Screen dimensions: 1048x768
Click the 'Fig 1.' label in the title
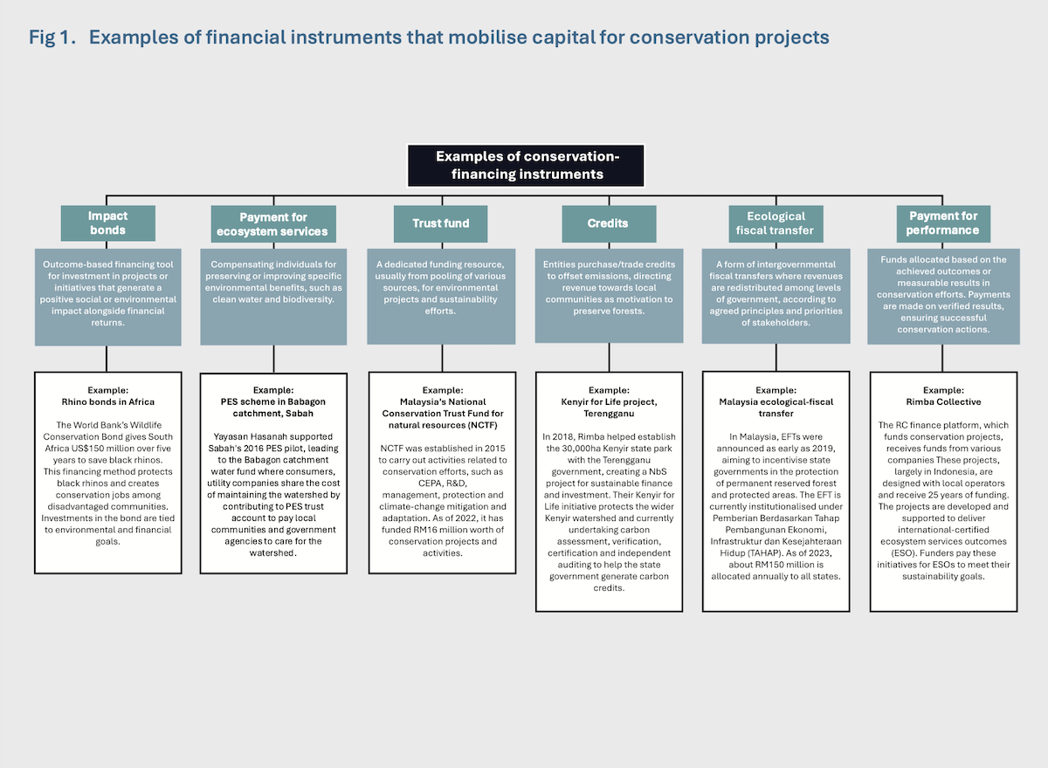[52, 38]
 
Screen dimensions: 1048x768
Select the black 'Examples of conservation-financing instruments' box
[526, 166]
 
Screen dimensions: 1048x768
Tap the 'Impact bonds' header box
[108, 223]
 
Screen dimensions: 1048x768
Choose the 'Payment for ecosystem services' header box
[273, 224]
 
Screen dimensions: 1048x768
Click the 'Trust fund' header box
[441, 224]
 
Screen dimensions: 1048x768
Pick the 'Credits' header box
[609, 224]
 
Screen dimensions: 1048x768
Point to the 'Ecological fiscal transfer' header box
[776, 224]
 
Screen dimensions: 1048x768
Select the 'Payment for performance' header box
[943, 224]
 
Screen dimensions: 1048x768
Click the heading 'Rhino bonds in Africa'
[108, 402]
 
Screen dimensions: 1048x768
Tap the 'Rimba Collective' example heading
[943, 402]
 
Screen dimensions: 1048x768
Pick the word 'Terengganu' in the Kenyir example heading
[609, 414]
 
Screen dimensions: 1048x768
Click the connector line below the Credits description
[610, 358]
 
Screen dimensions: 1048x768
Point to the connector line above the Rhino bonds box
[107, 359]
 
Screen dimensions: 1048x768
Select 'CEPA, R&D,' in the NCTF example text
[443, 483]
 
